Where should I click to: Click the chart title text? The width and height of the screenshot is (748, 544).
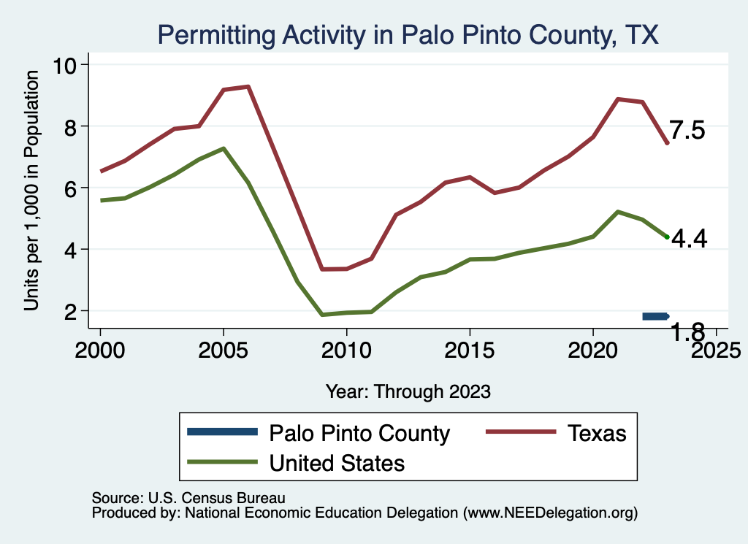coord(408,35)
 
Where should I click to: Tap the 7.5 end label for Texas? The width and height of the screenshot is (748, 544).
coord(687,130)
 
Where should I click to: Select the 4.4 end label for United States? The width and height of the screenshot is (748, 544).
coord(690,238)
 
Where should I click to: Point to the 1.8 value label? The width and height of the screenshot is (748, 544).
coord(687,332)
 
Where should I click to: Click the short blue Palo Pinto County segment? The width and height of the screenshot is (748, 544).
coord(656,316)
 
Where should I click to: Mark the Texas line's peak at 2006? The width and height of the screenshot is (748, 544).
coord(248,87)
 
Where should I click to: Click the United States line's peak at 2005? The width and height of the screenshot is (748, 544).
coord(224,149)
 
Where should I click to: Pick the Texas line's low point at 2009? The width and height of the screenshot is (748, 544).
coord(322,269)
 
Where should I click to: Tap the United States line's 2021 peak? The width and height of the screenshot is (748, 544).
coord(618,212)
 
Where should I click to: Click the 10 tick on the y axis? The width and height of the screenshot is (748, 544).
coord(64,65)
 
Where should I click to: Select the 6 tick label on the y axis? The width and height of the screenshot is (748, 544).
coord(71,188)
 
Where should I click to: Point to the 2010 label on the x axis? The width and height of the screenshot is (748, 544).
coord(346,350)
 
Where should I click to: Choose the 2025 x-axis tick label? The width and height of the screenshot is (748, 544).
coord(716,350)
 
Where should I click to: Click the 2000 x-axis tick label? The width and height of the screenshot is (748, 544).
coord(100,350)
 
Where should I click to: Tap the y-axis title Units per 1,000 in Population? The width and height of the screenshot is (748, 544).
coord(31,191)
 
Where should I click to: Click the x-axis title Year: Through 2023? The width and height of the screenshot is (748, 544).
coord(408,392)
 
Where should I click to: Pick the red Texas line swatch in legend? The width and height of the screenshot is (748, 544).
coord(521,432)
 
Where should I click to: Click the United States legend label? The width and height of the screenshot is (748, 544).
coord(337,463)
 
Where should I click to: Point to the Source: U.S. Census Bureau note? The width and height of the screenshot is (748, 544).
coord(188,498)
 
